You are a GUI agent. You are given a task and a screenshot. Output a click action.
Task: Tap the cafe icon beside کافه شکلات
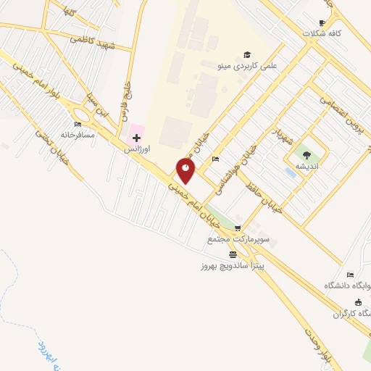click(x=322, y=22)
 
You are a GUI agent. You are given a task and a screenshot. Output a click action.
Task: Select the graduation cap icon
click(x=246, y=55)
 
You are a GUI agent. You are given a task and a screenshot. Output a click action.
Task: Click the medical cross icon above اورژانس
click(x=136, y=136)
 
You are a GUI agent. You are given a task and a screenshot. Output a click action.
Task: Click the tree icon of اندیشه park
click(x=307, y=154)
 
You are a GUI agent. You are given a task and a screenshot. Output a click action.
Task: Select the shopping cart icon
click(x=238, y=228)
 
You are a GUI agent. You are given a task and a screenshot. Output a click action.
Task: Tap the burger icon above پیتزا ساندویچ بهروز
click(x=233, y=254)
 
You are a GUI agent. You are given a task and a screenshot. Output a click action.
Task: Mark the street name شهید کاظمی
click(x=93, y=41)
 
